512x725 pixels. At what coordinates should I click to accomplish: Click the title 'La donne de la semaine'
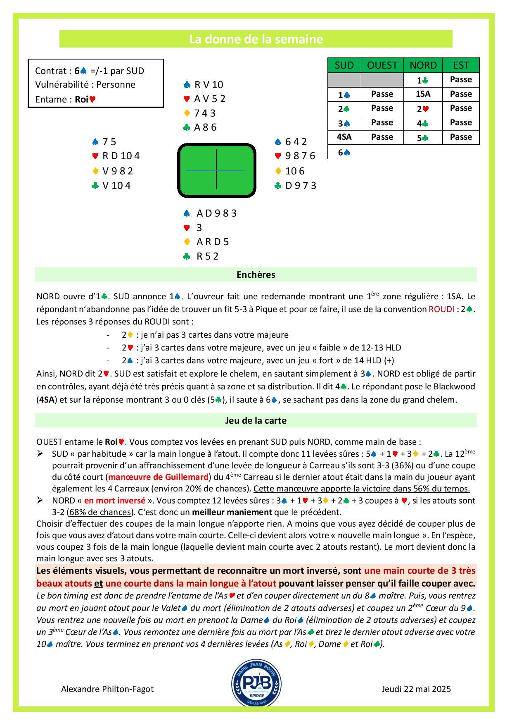click(x=256, y=39)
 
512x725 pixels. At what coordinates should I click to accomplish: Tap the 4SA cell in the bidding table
click(x=344, y=137)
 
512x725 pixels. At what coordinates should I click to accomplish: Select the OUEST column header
click(x=382, y=65)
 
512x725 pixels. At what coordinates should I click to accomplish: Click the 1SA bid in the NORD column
click(x=423, y=94)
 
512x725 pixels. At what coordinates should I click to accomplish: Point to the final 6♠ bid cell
click(x=344, y=152)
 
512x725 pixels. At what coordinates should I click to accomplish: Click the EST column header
click(x=460, y=65)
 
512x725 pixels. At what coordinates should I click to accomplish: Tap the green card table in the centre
click(x=216, y=170)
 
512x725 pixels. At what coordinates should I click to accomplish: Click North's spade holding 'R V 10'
click(x=209, y=85)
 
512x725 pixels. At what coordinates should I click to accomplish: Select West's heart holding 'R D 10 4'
click(x=121, y=156)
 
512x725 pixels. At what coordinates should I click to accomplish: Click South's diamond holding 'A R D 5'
click(x=212, y=241)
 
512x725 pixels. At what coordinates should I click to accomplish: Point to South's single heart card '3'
click(x=199, y=227)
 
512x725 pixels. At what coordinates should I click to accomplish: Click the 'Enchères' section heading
click(x=256, y=274)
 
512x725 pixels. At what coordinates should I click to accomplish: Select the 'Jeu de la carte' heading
click(x=256, y=420)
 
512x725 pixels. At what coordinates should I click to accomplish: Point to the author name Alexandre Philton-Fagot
click(x=107, y=689)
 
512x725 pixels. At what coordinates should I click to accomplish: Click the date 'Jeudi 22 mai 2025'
click(x=416, y=689)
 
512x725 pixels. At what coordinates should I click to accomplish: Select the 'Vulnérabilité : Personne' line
click(x=85, y=85)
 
